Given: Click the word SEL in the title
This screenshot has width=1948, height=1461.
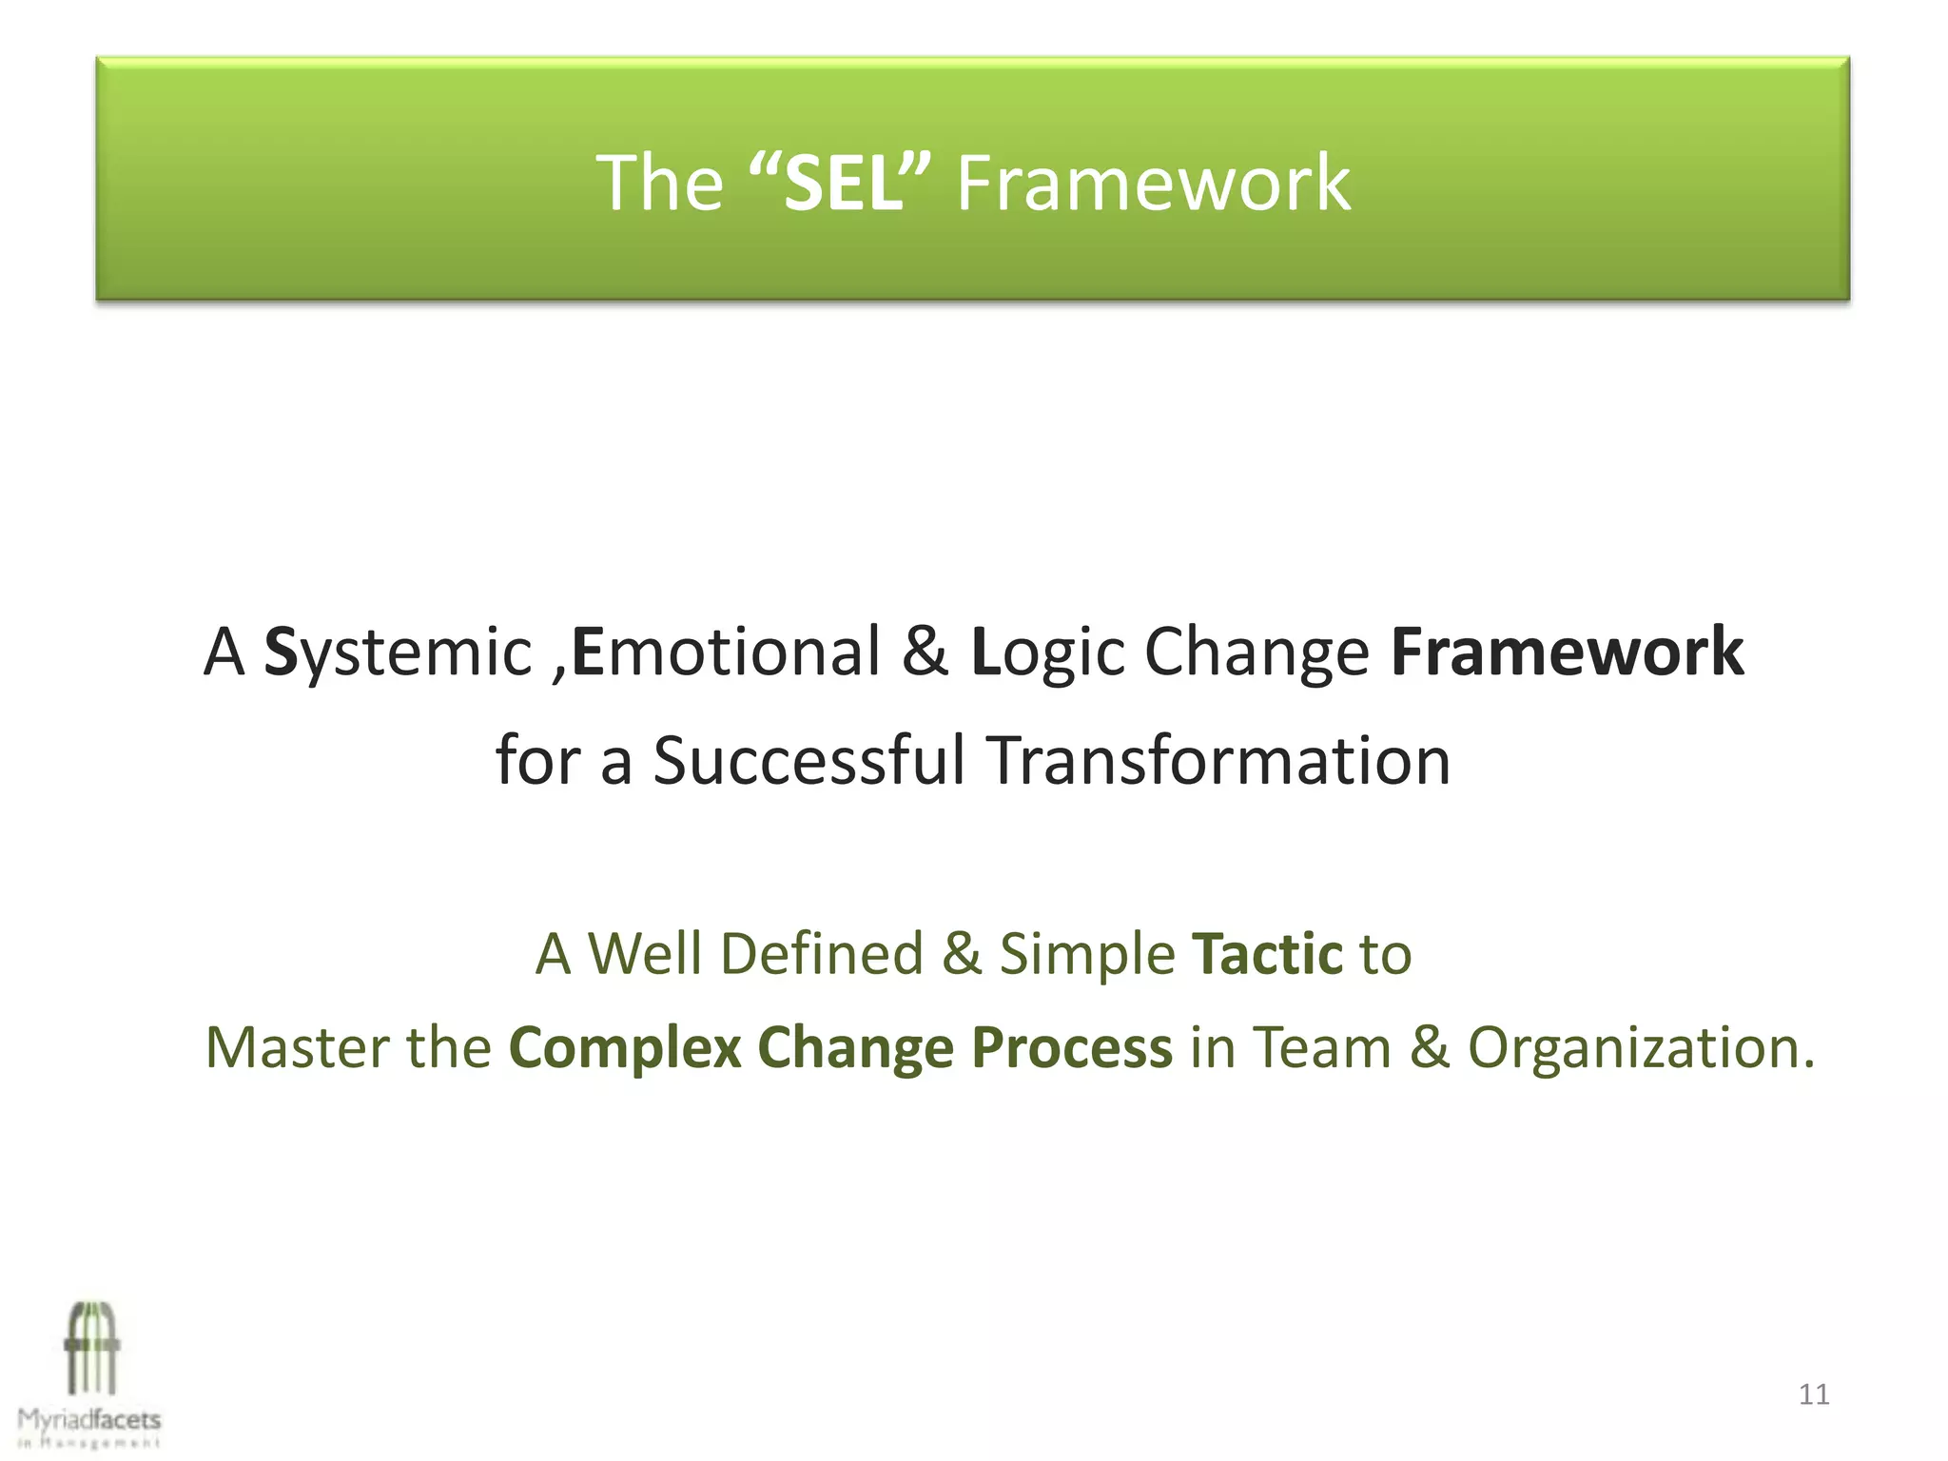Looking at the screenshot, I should tap(841, 183).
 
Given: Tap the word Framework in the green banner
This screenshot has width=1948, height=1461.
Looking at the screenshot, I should tap(1153, 183).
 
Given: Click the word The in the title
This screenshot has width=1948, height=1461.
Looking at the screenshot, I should tap(659, 183).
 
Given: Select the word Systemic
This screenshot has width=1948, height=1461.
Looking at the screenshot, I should tap(397, 653).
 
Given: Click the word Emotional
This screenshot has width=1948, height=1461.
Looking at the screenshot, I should tap(726, 653).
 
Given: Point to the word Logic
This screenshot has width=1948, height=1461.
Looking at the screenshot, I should tap(1047, 653).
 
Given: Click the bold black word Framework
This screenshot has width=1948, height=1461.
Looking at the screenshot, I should tap(1567, 653).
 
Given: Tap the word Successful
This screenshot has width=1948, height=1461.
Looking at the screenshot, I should tap(808, 761).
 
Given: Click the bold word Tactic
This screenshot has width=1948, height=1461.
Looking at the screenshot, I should tap(1267, 954).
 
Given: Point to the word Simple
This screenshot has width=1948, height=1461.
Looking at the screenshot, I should tap(1087, 954).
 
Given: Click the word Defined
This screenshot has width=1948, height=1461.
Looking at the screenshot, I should tap(822, 954).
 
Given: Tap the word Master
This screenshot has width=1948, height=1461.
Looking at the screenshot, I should tap(297, 1048).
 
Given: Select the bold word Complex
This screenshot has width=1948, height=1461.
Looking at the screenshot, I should tap(625, 1048).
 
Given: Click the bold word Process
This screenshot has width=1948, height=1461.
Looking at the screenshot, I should tap(1072, 1048).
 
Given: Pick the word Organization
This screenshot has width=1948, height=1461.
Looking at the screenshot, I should tap(1641, 1048).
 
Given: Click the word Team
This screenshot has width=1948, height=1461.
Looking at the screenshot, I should tap(1321, 1048).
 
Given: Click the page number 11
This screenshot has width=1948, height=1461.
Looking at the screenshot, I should tap(1814, 1395).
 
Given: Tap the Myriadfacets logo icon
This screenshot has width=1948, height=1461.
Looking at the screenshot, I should tap(91, 1349).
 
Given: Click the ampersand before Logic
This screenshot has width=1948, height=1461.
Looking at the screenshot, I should tap(925, 653).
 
